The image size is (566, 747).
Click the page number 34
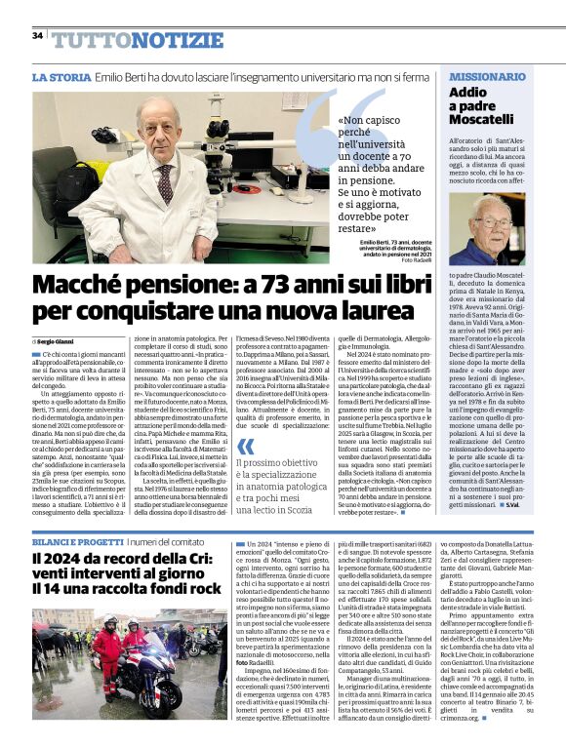click(x=36, y=35)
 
